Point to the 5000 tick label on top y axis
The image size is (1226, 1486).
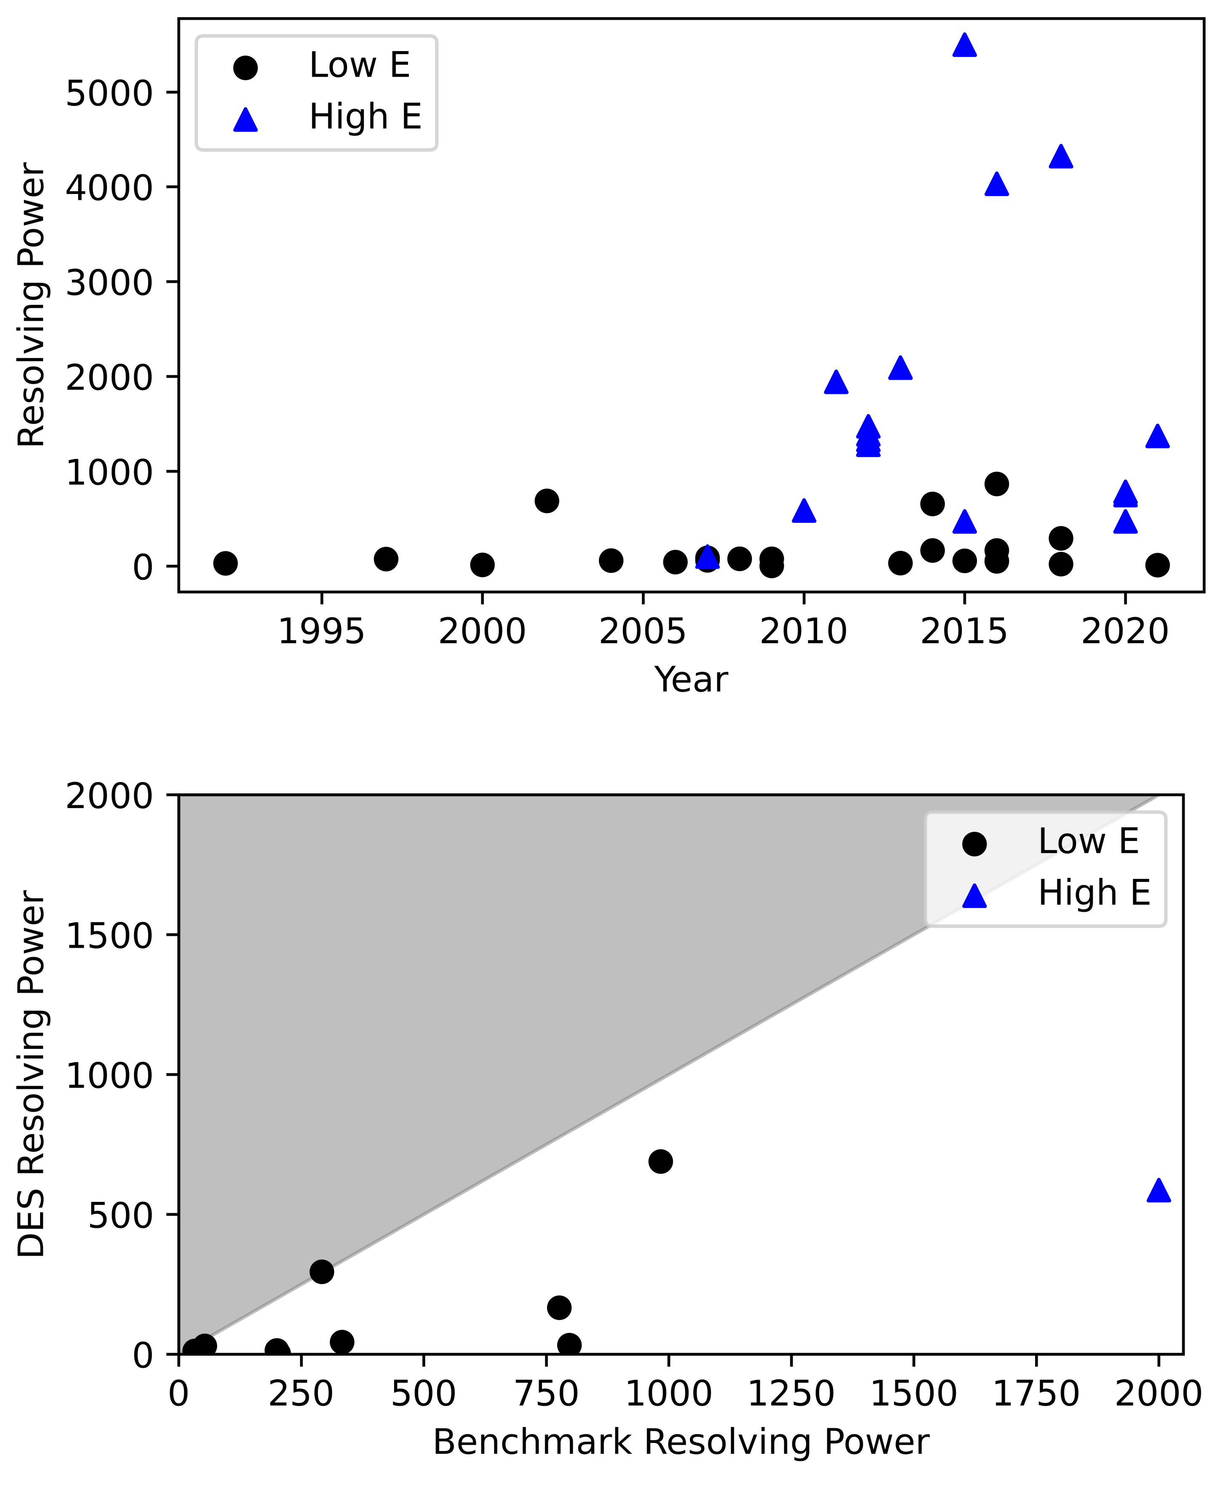pyautogui.click(x=110, y=92)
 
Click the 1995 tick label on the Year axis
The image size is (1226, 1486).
pyautogui.click(x=321, y=631)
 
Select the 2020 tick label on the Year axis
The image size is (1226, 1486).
pyautogui.click(x=1124, y=631)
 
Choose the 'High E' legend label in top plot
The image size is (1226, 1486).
pyautogui.click(x=365, y=116)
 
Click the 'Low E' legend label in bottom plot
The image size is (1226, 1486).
pyautogui.click(x=1088, y=841)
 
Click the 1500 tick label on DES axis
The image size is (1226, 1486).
pyautogui.click(x=110, y=935)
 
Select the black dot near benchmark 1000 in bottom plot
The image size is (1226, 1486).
pyautogui.click(x=660, y=1161)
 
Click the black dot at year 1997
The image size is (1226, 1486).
pyautogui.click(x=386, y=559)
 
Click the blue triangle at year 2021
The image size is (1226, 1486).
pyautogui.click(x=1157, y=436)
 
